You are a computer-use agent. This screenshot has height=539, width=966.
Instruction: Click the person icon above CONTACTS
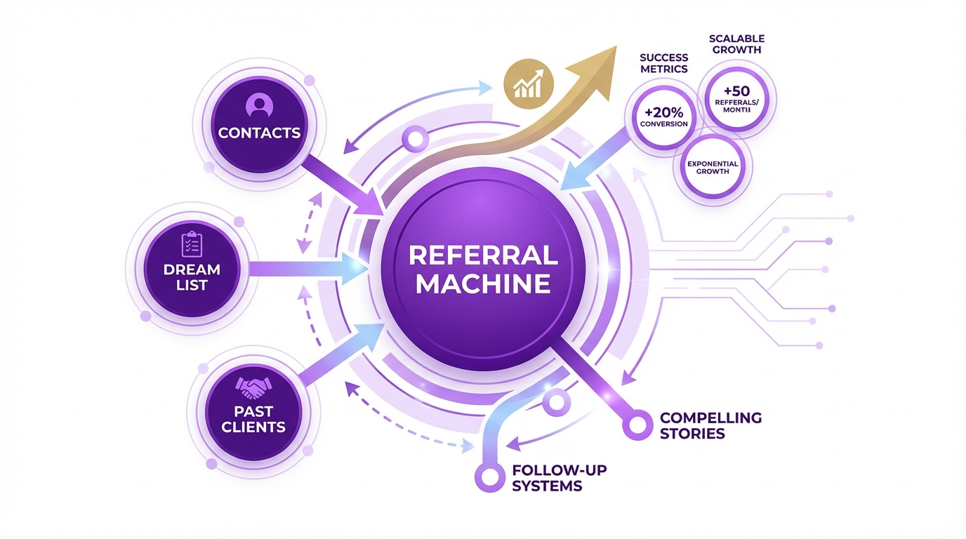click(258, 106)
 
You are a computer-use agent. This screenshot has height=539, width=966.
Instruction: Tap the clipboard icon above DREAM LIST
click(192, 244)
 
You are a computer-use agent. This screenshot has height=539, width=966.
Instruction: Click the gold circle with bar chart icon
click(529, 85)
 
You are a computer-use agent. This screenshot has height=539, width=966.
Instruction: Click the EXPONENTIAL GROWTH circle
click(713, 167)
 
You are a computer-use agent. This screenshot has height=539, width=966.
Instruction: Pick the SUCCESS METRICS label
click(663, 63)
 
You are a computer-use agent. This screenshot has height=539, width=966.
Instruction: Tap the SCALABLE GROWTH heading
click(736, 44)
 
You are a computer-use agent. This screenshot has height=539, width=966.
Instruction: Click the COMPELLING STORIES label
click(710, 425)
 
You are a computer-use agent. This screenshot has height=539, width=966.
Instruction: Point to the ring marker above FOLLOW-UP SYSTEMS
click(486, 475)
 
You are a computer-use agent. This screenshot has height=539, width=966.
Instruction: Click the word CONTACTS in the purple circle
click(259, 133)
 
